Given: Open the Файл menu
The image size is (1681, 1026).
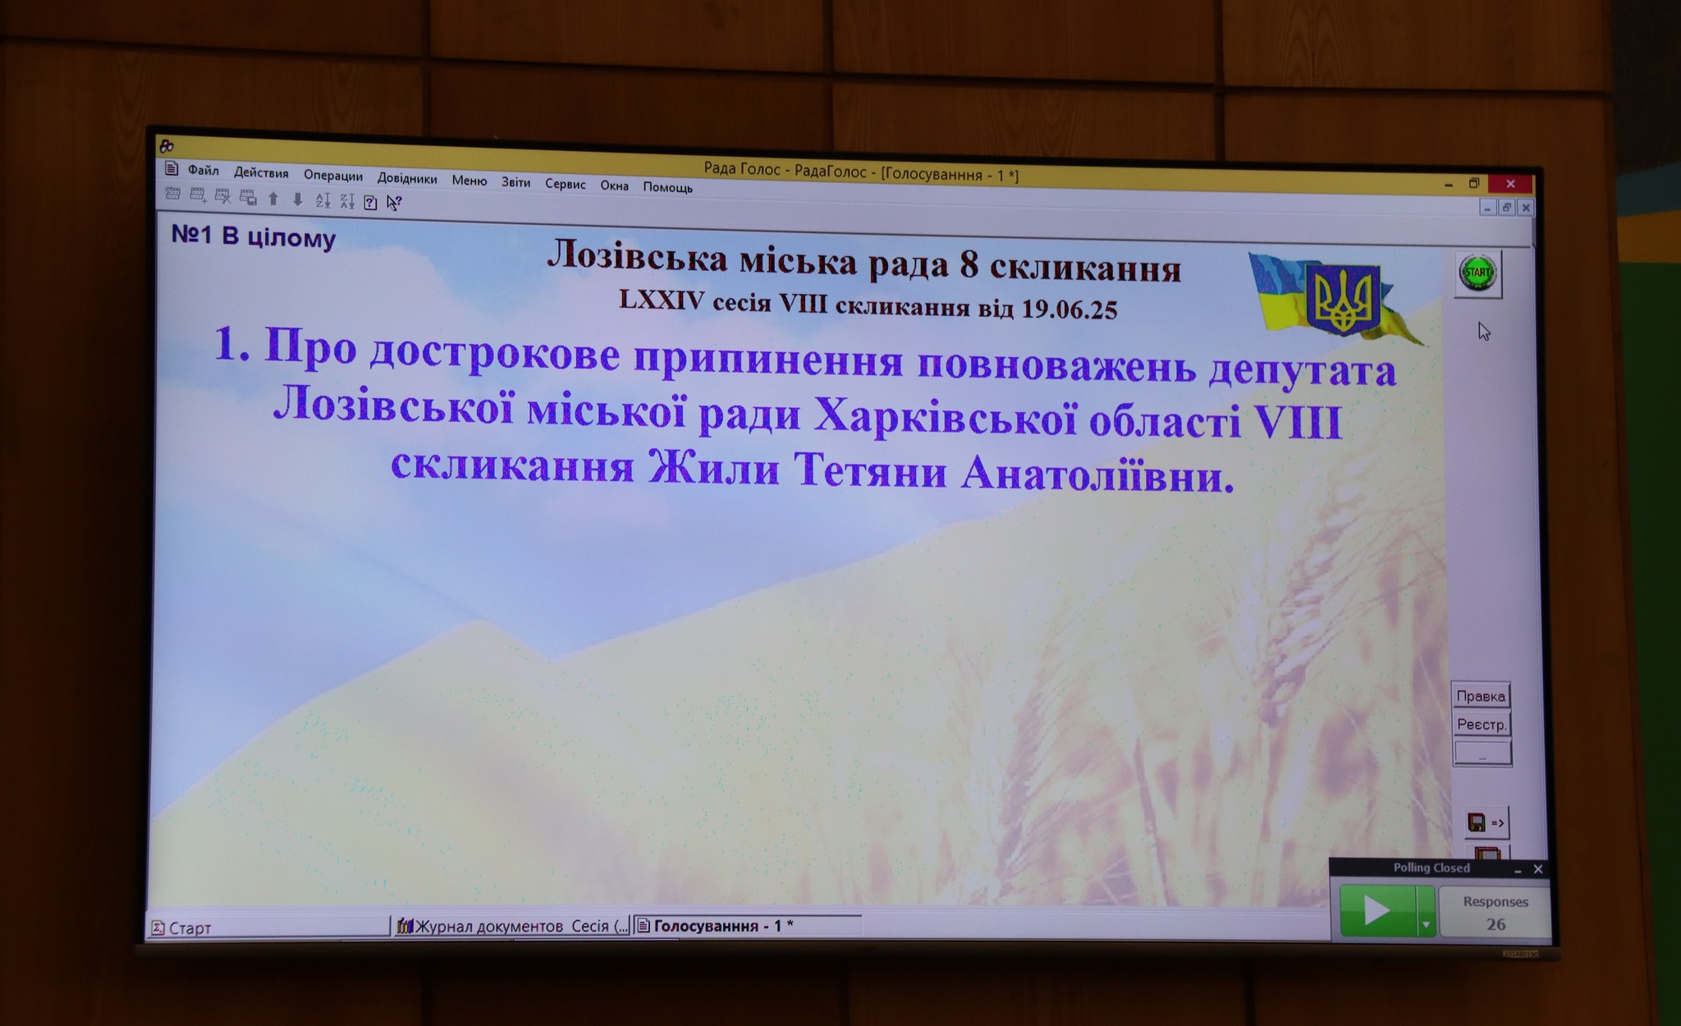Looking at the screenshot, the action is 203,170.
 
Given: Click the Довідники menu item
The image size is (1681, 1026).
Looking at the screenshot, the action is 407,178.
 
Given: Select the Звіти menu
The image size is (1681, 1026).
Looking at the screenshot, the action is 516,182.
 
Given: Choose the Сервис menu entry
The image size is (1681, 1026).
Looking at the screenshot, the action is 566,184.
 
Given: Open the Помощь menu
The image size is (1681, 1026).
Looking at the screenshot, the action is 667,187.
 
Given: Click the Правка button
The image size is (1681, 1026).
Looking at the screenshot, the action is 1481,696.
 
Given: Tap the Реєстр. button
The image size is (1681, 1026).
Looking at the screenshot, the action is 1482,724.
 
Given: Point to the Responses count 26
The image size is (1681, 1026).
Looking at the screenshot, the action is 1496,924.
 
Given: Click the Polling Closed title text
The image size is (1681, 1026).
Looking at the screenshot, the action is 1431,868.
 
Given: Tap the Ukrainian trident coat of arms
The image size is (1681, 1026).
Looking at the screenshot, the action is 1343,299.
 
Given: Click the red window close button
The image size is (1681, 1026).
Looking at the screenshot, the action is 1510,184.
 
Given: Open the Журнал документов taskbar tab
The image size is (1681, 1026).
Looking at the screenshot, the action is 512,926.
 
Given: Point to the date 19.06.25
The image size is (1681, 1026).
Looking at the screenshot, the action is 1070,309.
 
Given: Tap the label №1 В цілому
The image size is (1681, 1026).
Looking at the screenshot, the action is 254,236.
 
